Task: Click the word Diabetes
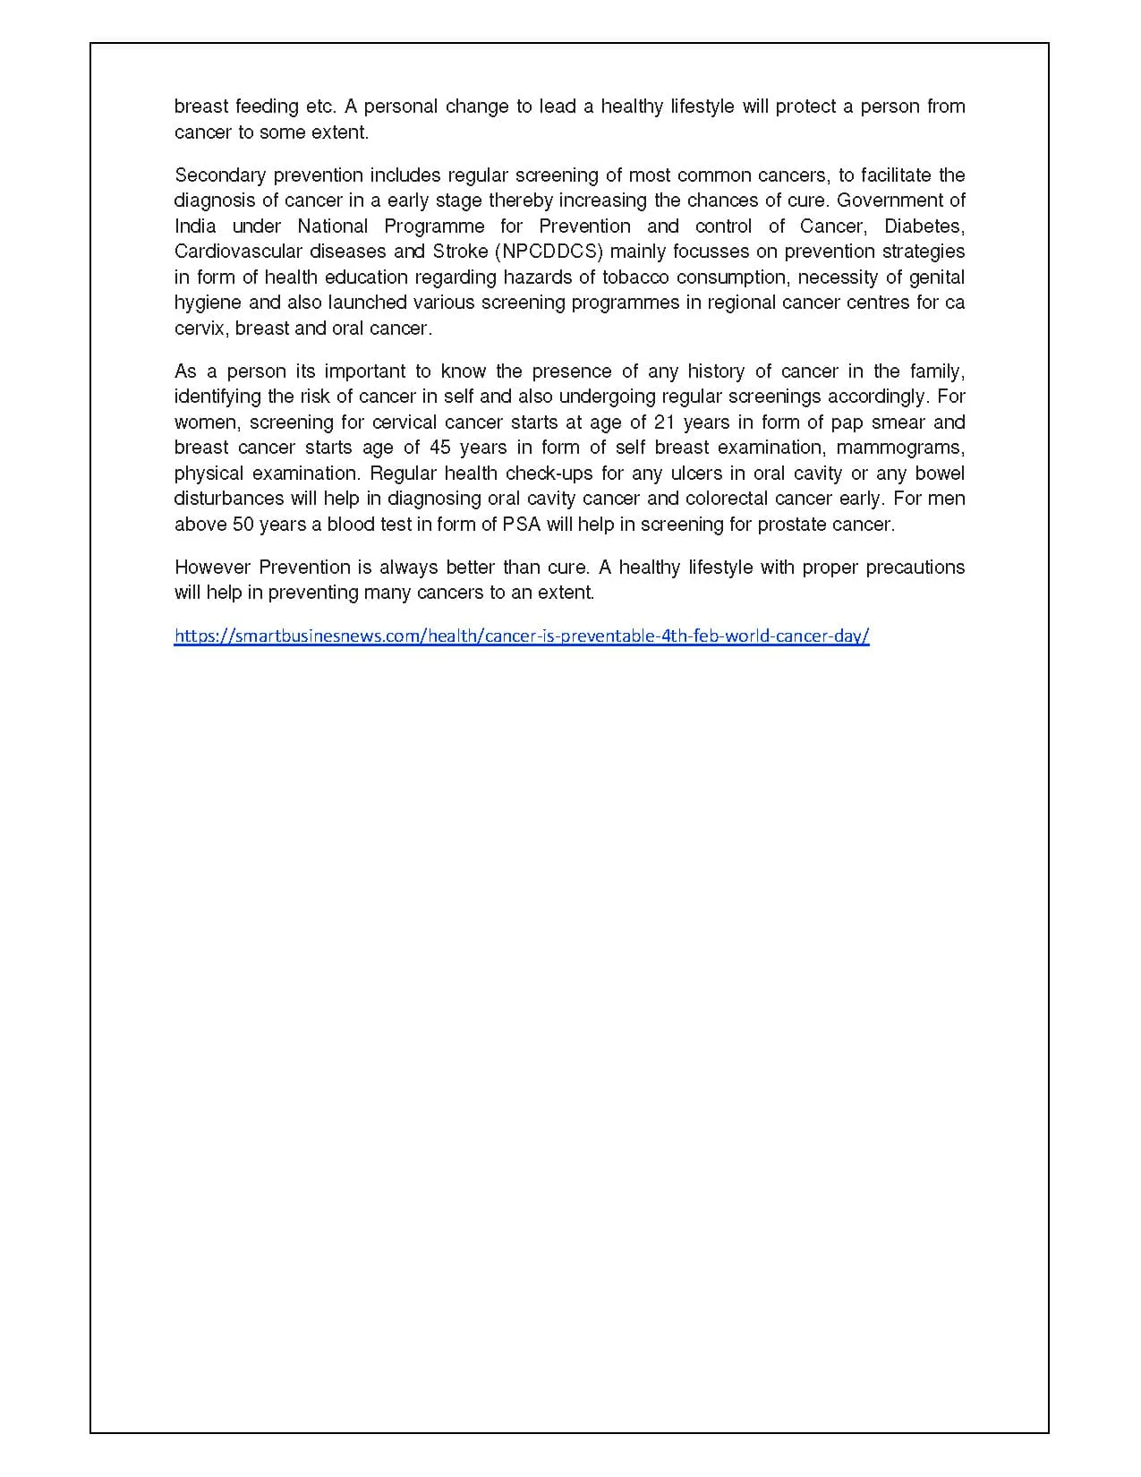pos(924,226)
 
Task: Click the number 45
pos(440,448)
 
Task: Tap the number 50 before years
pos(244,525)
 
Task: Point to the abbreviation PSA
pos(522,525)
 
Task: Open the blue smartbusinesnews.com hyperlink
pos(522,636)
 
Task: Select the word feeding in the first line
pos(267,107)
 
